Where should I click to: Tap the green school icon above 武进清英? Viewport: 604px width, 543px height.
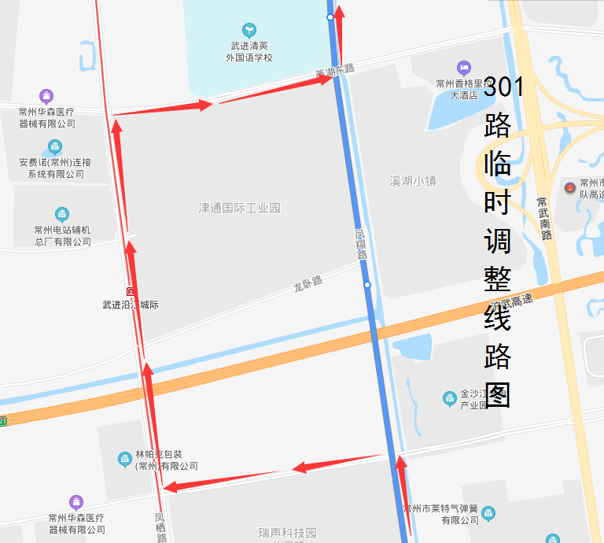coord(249,30)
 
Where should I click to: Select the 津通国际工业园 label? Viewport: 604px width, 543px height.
coord(239,209)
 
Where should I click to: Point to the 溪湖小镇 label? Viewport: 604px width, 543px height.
coord(413,181)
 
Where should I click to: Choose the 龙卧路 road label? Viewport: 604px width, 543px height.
coord(308,283)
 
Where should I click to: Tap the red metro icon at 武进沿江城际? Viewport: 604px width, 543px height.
coord(131,291)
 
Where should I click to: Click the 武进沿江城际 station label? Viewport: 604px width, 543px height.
coord(131,305)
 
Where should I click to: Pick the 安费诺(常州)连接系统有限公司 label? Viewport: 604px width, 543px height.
coord(55,168)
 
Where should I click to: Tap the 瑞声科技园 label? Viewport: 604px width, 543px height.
coord(288,533)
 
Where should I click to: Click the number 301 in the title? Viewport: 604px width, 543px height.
coord(503,87)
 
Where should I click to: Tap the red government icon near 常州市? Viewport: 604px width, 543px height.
coord(569,189)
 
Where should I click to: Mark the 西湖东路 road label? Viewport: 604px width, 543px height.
coord(335,72)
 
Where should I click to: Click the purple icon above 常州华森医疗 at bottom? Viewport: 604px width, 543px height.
coord(75,502)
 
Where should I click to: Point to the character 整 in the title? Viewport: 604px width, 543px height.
coord(498,280)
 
